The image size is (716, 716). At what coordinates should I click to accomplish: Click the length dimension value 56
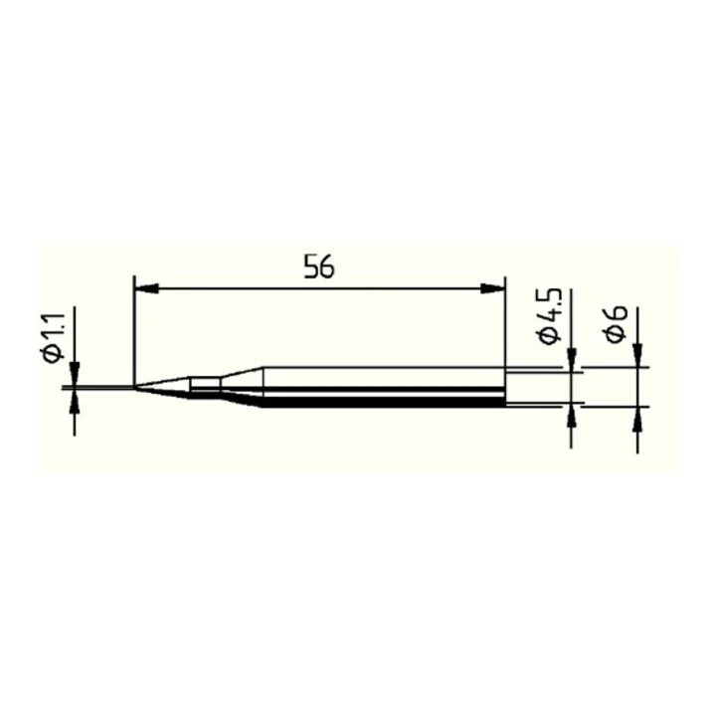point(319,268)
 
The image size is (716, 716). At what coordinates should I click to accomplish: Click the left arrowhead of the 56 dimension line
point(146,288)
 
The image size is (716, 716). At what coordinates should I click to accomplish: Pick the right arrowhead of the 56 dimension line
point(493,288)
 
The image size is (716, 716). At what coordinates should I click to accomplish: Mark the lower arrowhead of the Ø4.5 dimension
point(571,415)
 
